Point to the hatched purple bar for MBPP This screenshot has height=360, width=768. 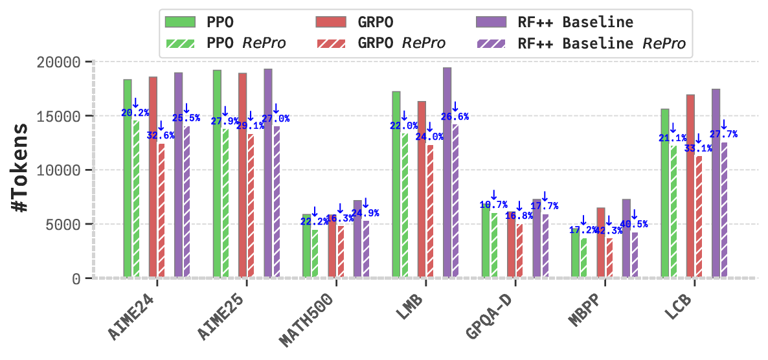pyautogui.click(x=635, y=255)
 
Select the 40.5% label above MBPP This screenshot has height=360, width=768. pyautogui.click(x=634, y=225)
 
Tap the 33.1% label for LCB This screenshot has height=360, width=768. pyautogui.click(x=698, y=148)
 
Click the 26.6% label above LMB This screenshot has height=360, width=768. pyautogui.click(x=455, y=117)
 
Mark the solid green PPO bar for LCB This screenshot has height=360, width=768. pyautogui.click(x=664, y=194)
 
